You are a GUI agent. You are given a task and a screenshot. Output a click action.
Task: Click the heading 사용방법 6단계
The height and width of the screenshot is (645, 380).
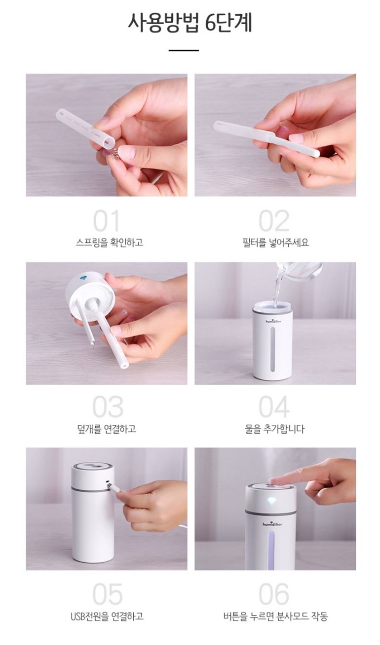(x=190, y=23)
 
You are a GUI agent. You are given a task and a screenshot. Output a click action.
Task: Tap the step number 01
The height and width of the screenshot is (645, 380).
(x=106, y=221)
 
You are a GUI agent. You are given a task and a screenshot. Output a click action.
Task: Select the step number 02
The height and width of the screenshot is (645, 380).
(x=274, y=221)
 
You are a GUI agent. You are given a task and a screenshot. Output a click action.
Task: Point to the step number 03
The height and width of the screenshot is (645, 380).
(x=108, y=407)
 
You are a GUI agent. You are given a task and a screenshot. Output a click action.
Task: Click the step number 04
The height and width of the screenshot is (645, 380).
(x=274, y=407)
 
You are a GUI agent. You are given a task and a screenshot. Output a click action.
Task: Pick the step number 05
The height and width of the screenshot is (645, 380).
(x=108, y=594)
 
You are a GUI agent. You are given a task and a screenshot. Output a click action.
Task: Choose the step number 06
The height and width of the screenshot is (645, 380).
(x=274, y=594)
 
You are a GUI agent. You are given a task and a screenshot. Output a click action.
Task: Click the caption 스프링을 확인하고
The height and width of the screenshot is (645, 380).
(x=110, y=242)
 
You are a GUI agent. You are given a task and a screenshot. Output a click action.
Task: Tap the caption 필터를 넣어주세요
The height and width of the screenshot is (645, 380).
(x=276, y=242)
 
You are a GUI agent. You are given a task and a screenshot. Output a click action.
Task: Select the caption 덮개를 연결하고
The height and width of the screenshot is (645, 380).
(x=107, y=429)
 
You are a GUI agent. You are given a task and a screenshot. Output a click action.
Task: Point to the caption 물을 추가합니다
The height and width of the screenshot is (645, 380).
(x=274, y=429)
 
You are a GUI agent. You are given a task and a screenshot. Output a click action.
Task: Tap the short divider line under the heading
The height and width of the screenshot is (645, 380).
(x=184, y=50)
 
